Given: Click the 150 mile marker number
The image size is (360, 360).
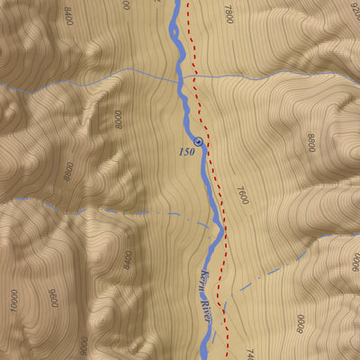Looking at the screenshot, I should (x=187, y=152).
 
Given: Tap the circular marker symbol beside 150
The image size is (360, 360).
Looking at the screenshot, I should (x=198, y=142).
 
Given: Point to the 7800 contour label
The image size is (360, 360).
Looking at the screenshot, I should (x=229, y=14).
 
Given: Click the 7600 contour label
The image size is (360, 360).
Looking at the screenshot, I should (x=241, y=195).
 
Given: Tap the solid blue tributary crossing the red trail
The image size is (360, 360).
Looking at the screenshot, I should (x=270, y=76).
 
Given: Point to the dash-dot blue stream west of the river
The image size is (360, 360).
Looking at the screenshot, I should (x=117, y=212).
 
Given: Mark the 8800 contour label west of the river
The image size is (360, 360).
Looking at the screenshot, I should (x=67, y=171).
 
